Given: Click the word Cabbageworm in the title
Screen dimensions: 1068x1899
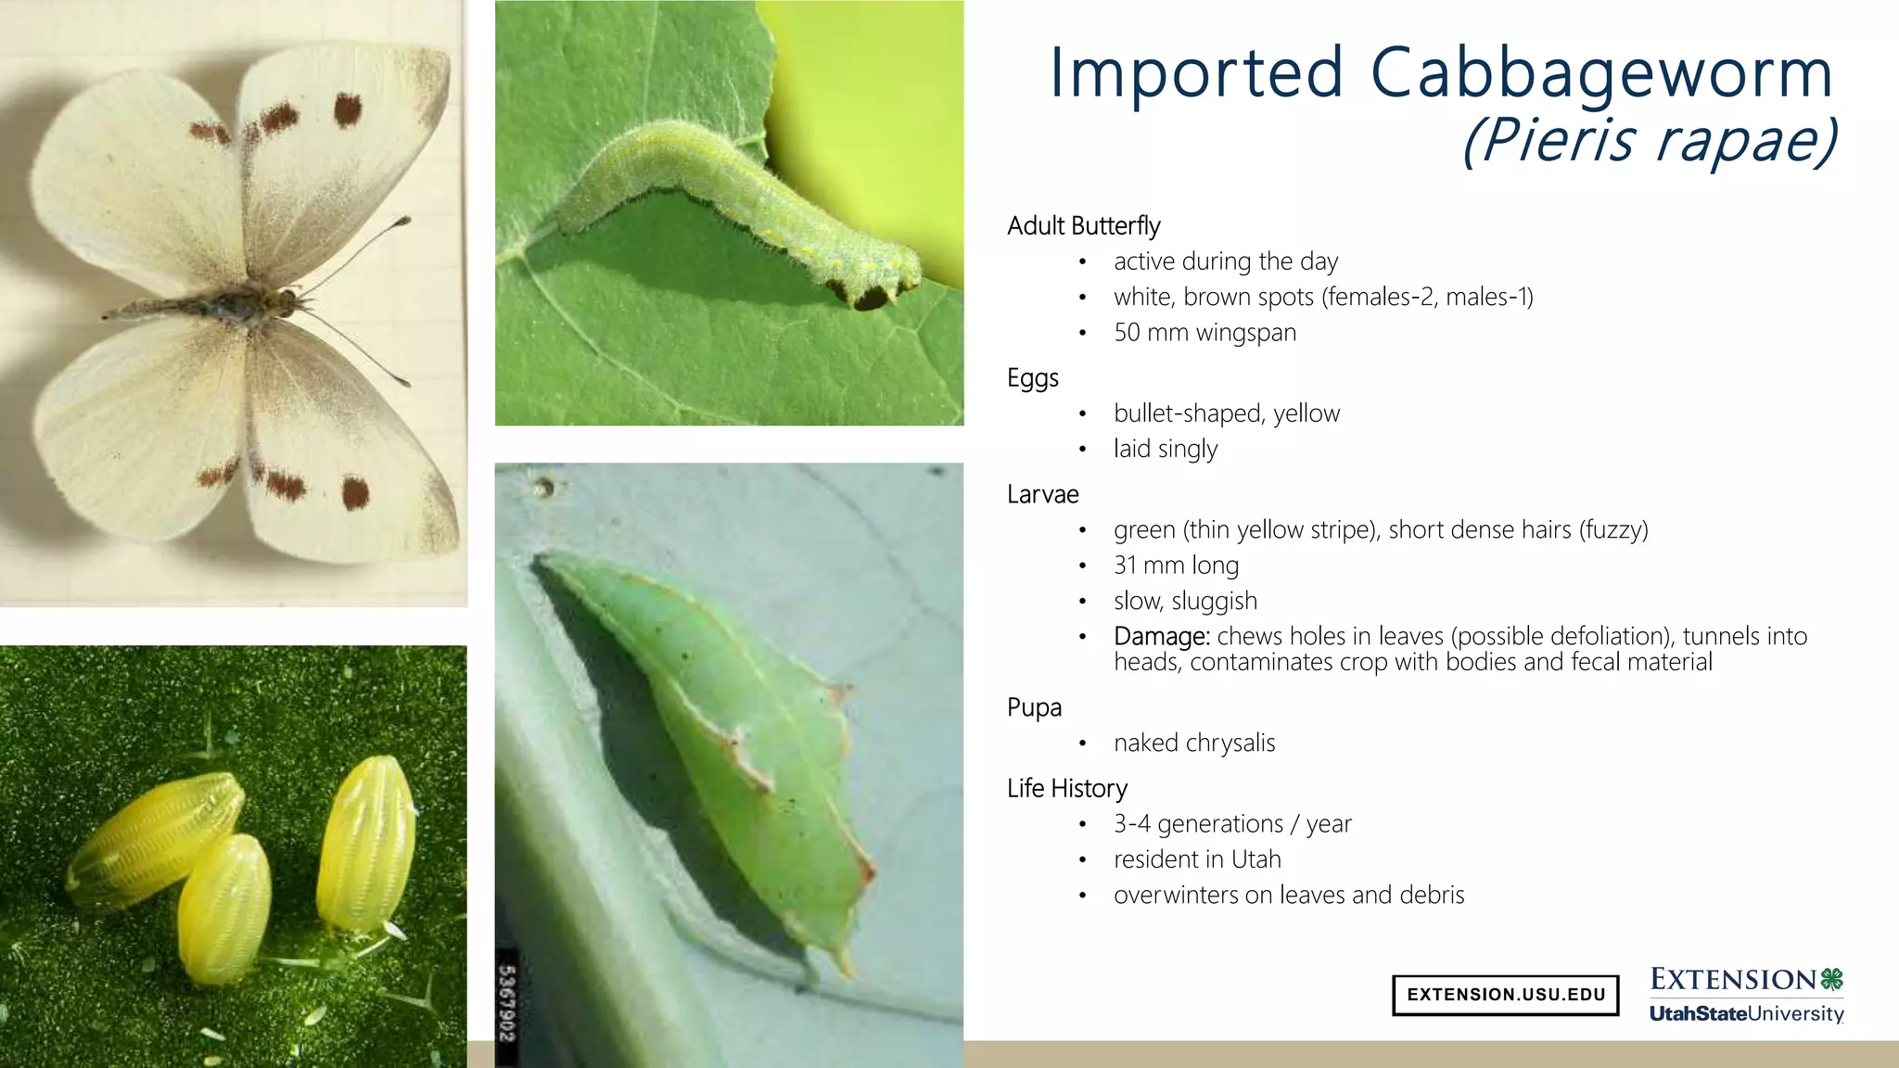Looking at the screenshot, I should pos(1601,74).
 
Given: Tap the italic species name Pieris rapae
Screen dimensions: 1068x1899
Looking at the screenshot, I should pos(1649,141).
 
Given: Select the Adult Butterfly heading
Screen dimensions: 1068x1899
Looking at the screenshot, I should pos(1083,226).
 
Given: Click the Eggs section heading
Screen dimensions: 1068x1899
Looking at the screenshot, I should pos(1032,378).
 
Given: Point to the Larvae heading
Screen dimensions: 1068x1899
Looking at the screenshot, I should pos(1042,495).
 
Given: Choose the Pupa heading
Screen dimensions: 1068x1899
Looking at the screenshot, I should pos(1034,708).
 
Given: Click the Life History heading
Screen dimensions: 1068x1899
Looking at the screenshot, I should pos(1066,789).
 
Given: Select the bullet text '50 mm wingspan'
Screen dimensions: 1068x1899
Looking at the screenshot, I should pos(1204,333).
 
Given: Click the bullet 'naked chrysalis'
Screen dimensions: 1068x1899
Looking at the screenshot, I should pos(1194,744).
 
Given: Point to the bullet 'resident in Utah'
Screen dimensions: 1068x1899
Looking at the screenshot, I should pos(1197,860).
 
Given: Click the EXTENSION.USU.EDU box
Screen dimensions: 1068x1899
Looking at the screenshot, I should pos(1505,995).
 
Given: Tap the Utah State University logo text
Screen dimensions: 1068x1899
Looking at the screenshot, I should pos(1746,1014).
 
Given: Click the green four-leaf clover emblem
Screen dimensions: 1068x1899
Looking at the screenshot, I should pos(1831,979).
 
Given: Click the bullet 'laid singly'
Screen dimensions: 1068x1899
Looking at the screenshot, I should pos(1165,450).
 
